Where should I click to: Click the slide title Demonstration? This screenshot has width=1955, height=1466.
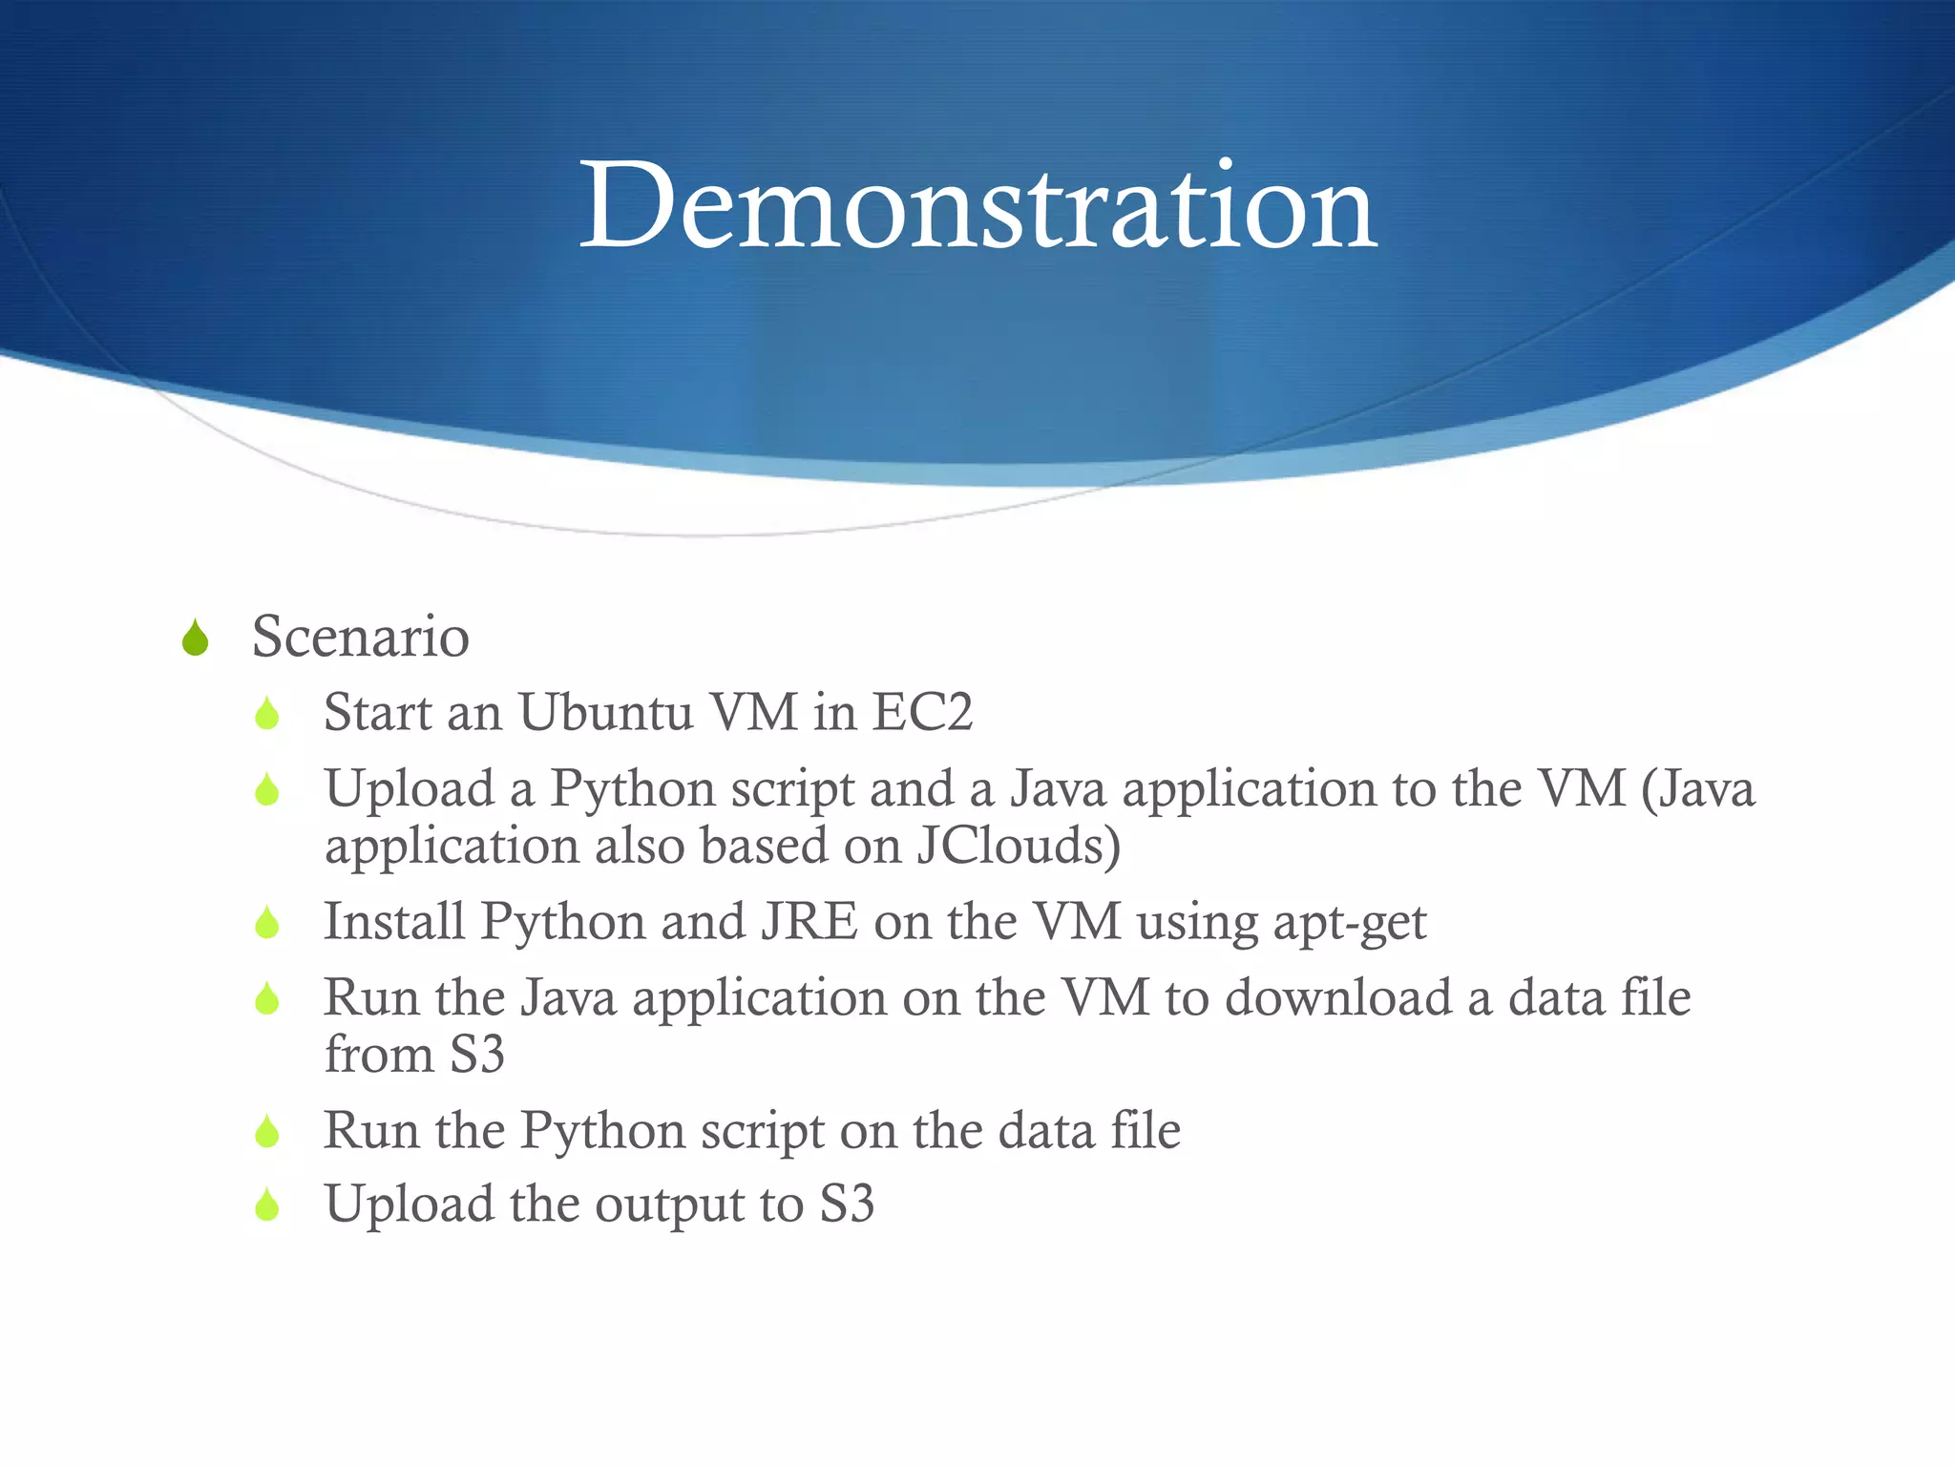(977, 206)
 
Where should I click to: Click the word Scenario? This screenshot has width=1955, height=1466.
(360, 637)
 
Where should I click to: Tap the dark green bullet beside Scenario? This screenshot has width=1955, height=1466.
(195, 639)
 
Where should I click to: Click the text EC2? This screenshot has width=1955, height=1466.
(922, 713)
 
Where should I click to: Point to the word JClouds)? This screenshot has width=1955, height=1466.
(1018, 846)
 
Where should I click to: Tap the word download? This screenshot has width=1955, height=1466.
(1338, 997)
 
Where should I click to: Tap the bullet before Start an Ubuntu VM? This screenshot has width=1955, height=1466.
(267, 714)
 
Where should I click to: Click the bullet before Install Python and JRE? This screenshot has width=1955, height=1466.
(267, 923)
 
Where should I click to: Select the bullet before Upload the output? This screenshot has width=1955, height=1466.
(267, 1205)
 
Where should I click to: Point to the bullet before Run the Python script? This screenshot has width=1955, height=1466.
(267, 1132)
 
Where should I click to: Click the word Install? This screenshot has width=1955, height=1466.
(393, 922)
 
